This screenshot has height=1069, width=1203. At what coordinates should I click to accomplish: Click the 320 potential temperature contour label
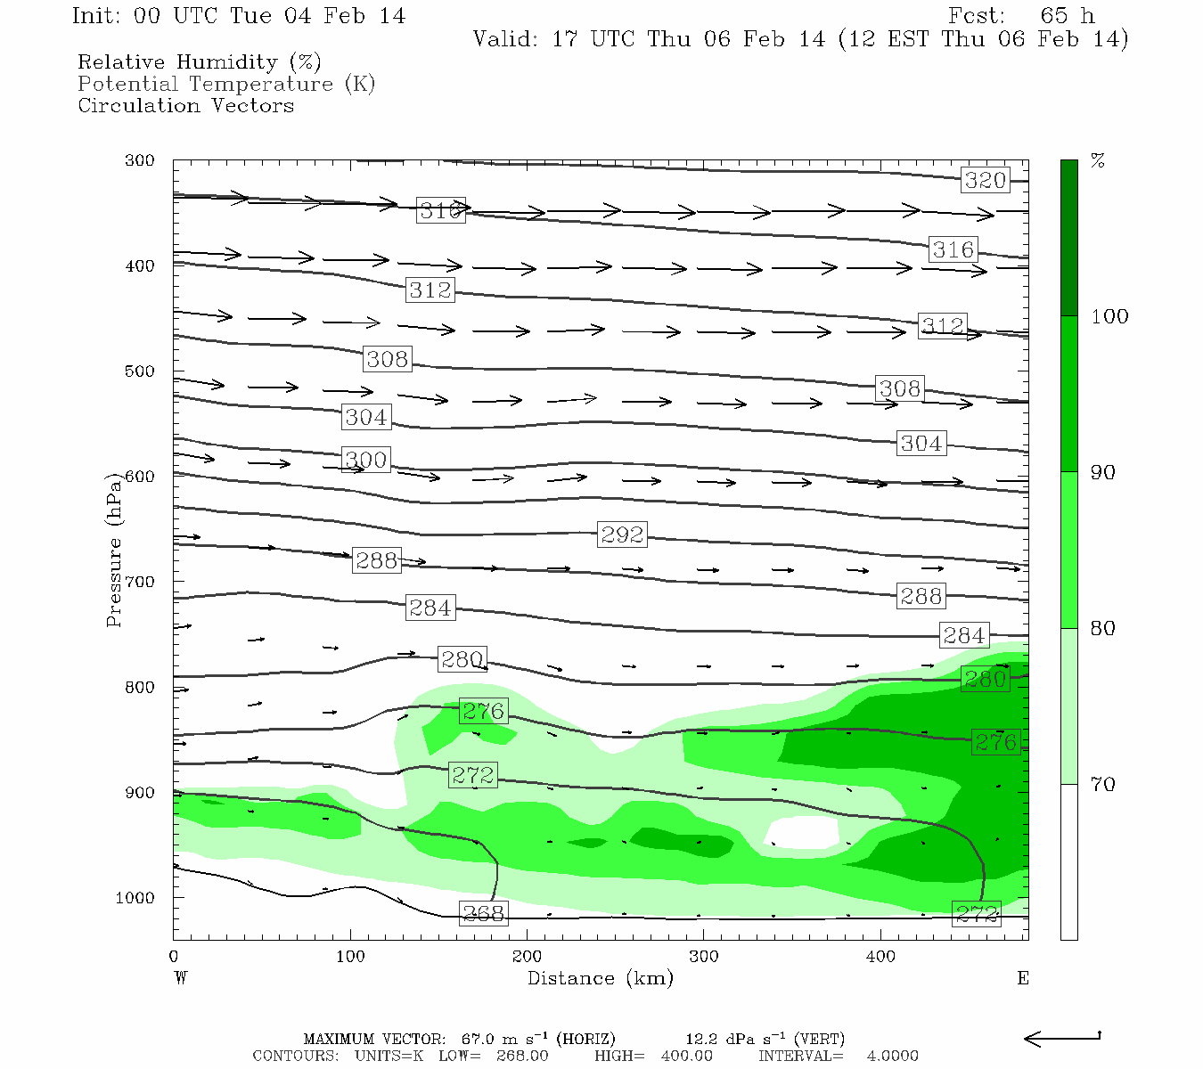click(985, 180)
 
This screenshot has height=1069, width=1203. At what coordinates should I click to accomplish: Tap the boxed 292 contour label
click(621, 534)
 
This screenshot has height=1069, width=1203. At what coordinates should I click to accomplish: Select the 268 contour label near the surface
click(483, 913)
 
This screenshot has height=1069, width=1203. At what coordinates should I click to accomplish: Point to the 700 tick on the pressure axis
click(139, 582)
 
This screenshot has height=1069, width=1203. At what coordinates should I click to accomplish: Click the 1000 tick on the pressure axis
click(135, 898)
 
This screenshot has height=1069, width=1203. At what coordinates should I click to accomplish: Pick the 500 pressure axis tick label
click(139, 371)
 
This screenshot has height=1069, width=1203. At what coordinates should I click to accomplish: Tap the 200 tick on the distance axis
click(527, 957)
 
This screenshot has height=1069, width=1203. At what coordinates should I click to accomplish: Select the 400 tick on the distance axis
click(880, 957)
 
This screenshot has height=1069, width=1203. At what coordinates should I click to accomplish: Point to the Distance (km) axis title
click(600, 978)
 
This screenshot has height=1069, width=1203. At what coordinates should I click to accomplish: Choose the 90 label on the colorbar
click(1103, 472)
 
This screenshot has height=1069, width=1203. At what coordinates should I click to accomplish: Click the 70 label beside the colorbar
click(1103, 784)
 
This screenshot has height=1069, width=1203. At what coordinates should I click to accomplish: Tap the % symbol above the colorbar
click(1098, 161)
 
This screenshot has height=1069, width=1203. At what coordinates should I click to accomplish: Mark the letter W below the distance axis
click(181, 978)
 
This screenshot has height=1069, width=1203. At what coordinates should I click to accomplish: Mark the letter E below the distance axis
click(1023, 978)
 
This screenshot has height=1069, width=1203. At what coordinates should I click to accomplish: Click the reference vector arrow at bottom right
click(1062, 1038)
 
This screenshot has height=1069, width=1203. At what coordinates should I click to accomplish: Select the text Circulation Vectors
click(185, 105)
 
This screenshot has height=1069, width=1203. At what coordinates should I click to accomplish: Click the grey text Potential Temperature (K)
click(226, 84)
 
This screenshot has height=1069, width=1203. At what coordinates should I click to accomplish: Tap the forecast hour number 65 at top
click(1053, 16)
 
